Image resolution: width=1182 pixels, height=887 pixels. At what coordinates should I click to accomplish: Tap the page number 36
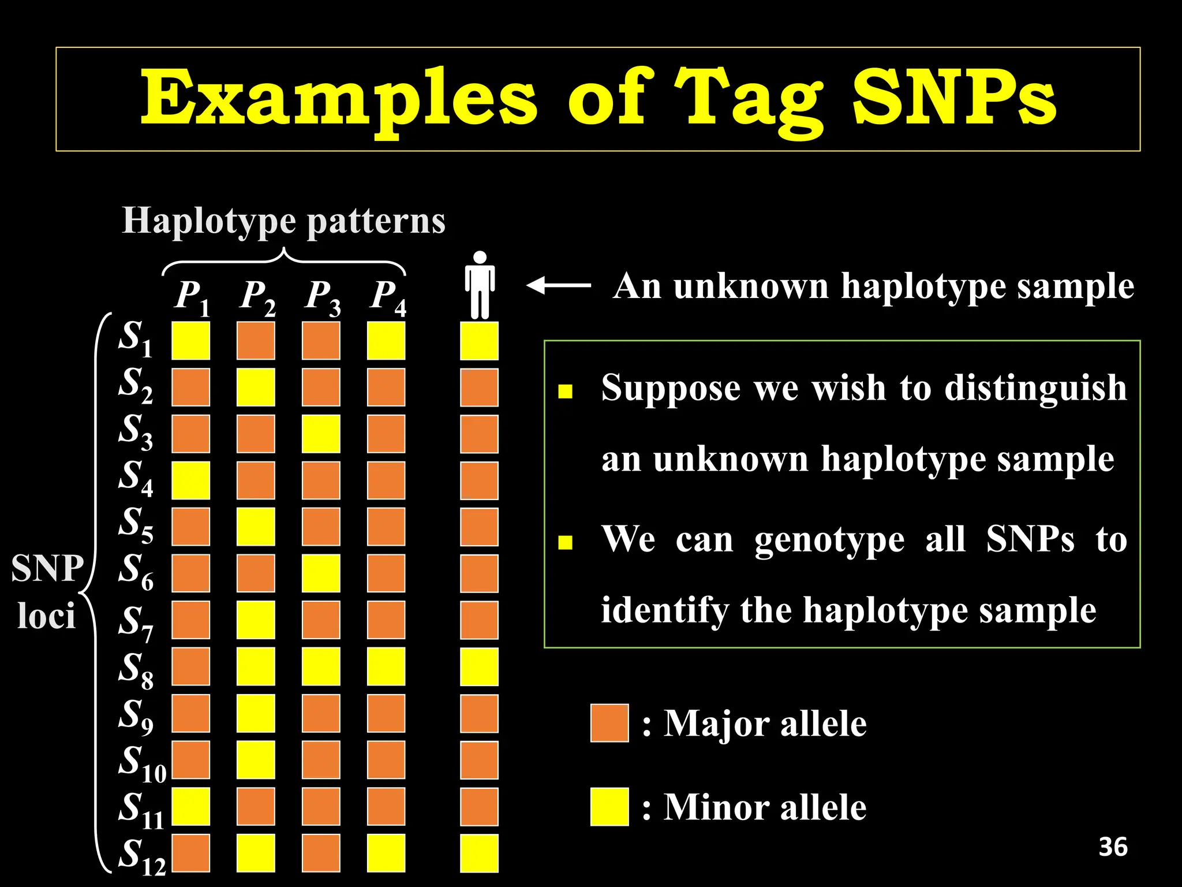tap(1113, 847)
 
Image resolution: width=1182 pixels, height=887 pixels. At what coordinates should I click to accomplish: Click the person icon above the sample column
tap(480, 285)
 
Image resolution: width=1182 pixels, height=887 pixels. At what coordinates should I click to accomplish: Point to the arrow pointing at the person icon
tap(559, 285)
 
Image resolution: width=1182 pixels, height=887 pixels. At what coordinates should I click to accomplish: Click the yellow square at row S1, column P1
tap(191, 341)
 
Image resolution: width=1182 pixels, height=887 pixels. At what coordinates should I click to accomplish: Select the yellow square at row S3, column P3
tap(321, 434)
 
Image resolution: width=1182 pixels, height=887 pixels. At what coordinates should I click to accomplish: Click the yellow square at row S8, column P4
tap(386, 666)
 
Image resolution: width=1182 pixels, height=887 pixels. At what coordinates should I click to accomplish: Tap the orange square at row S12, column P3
tap(321, 853)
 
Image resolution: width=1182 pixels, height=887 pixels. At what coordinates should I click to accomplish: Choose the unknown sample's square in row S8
tap(479, 666)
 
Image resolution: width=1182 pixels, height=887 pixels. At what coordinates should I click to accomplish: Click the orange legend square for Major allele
tap(609, 722)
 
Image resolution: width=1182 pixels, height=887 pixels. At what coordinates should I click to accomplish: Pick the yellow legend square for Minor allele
tap(609, 806)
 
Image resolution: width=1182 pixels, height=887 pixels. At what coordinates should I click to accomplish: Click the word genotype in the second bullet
tap(829, 539)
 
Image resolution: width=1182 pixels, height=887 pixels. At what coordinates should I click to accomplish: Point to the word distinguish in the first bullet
tap(1035, 387)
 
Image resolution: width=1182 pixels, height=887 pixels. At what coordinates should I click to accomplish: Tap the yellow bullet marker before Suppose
tap(565, 392)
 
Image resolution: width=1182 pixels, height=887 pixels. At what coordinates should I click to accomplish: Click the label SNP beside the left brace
tap(47, 568)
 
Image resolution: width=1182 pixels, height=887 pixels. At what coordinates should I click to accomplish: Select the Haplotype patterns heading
tap(283, 221)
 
